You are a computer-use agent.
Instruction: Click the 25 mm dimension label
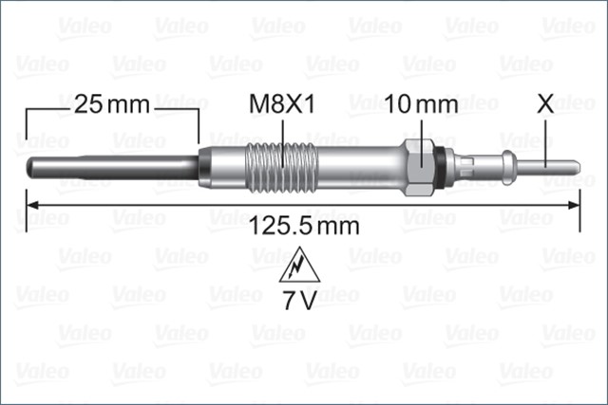point(112,104)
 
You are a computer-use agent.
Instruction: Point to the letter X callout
point(545,103)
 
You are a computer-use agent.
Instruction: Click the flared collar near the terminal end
point(510,167)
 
